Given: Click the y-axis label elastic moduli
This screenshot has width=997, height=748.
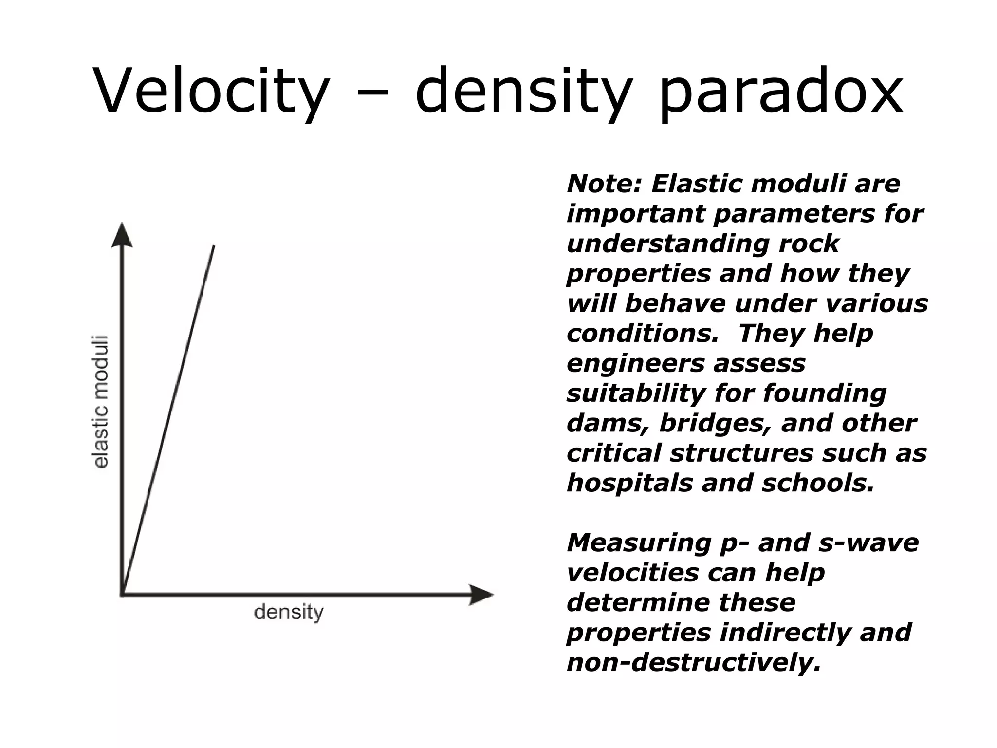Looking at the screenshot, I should [101, 402].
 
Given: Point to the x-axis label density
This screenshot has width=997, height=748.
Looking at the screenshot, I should [288, 612].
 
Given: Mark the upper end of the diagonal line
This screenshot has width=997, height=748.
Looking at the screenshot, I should [214, 246].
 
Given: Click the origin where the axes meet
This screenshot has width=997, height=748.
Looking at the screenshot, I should [122, 594].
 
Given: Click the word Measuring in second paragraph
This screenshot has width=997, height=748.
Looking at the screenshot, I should [638, 543].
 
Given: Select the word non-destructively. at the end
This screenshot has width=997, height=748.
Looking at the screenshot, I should [694, 663].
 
